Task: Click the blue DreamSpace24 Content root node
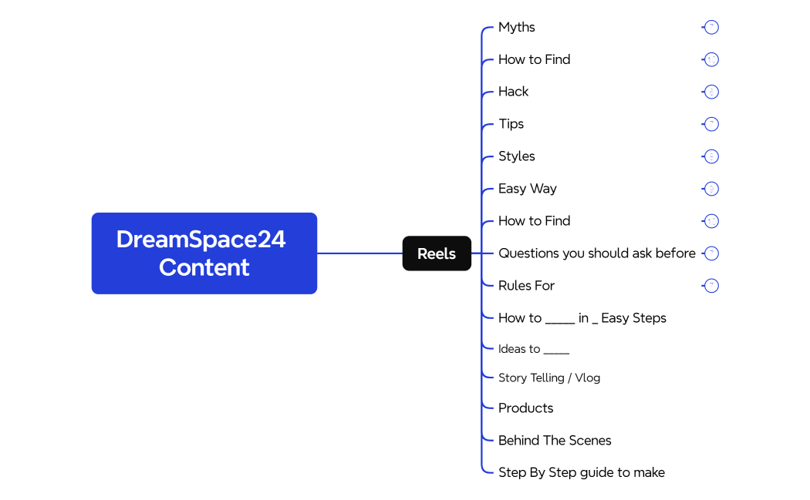click(204, 253)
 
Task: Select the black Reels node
click(437, 253)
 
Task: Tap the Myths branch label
click(516, 27)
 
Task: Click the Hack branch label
click(513, 92)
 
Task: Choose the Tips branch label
click(511, 124)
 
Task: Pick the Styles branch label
click(516, 156)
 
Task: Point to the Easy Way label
click(527, 189)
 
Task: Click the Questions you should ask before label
click(596, 253)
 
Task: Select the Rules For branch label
click(526, 286)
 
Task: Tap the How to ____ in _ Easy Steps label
click(582, 318)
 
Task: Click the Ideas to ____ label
click(533, 349)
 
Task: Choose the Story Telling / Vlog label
click(548, 378)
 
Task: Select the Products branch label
click(525, 408)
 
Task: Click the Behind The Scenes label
click(554, 441)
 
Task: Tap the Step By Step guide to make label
click(581, 473)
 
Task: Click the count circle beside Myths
click(711, 27)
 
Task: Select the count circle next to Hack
click(711, 92)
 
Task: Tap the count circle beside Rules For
click(711, 286)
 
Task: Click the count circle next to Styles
click(711, 156)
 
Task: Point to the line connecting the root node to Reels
click(359, 253)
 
